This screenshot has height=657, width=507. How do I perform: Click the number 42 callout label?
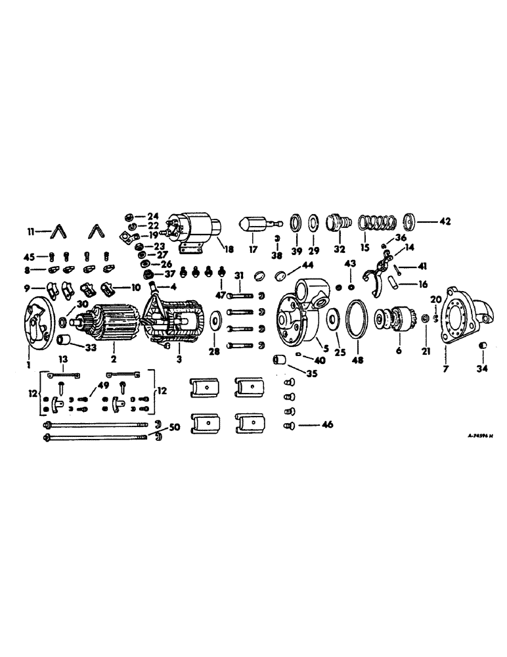[x=447, y=221]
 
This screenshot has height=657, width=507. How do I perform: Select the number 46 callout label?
[x=326, y=425]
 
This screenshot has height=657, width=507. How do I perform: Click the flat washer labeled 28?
[x=215, y=322]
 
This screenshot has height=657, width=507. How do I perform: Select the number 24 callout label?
[x=152, y=216]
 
